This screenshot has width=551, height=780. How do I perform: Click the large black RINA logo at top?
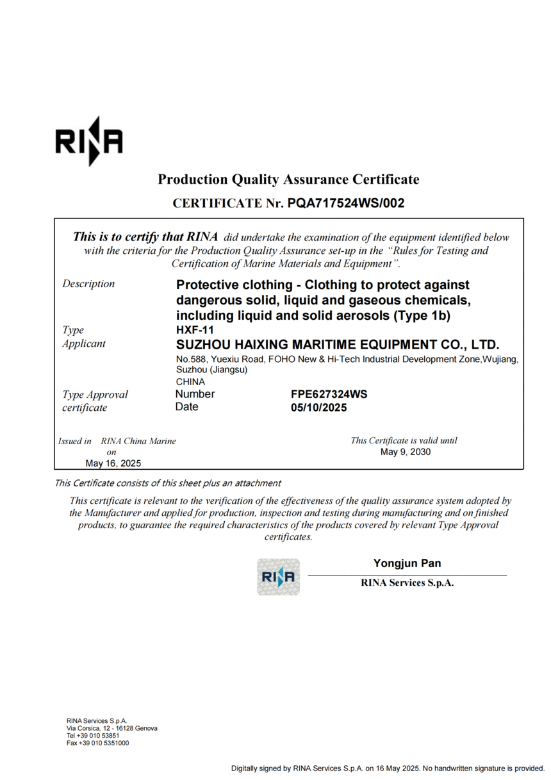pos(88,142)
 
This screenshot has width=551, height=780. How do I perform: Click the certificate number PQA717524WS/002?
pos(346,203)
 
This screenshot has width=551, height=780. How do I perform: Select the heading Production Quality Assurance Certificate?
pos(288,179)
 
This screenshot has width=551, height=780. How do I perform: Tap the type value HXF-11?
pos(190,330)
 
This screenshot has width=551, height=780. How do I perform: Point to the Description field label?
pos(88,284)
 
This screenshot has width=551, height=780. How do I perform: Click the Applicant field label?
pos(84,344)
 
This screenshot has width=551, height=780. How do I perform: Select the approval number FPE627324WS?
pos(329,394)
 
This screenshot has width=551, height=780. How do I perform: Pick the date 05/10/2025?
pos(318,408)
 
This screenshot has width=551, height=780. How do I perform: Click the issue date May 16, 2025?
pos(113,463)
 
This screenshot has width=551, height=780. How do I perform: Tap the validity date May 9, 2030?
pos(406,452)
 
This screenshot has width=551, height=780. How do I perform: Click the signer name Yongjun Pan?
pos(407,563)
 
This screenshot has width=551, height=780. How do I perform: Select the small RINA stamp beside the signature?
pos(278,577)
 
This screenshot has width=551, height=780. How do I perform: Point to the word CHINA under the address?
pos(190,381)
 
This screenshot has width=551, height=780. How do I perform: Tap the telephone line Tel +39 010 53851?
pos(93,736)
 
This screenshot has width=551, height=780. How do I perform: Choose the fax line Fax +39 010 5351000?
pos(97,743)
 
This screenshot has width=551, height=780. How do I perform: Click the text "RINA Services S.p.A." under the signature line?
pos(407,583)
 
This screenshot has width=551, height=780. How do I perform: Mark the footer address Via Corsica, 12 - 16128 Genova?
pos(112,728)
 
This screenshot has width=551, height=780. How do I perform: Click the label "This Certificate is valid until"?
pos(404,440)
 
